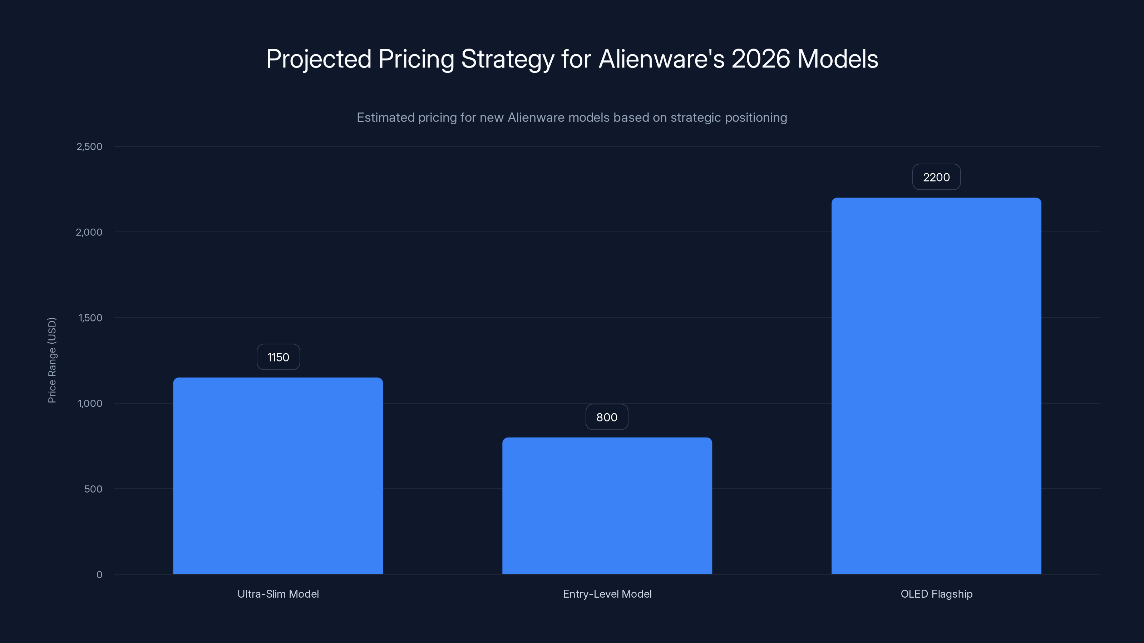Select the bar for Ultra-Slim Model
coord(278,476)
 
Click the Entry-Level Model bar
coord(607,506)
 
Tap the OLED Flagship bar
coord(936,386)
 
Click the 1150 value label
coord(278,357)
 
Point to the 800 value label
coord(607,417)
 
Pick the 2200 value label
coord(936,178)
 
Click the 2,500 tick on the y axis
coord(89,147)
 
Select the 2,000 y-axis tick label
coord(89,233)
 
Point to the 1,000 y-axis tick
coord(90,404)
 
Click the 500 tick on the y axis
coord(93,489)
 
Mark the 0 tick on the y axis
coord(99,575)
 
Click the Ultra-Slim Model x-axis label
coord(278,594)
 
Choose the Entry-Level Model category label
coord(607,594)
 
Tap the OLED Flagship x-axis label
coord(936,594)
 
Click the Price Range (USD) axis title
coord(52,360)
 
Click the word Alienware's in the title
coord(662,59)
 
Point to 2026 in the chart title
coord(761,59)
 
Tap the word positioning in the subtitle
coord(756,118)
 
